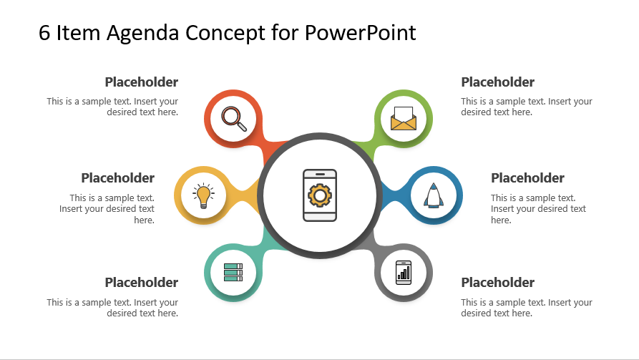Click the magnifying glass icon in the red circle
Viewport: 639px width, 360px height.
tap(234, 119)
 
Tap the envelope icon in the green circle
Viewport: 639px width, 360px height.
tap(404, 119)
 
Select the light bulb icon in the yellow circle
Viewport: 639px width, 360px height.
tap(203, 195)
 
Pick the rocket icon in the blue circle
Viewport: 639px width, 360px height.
tap(434, 195)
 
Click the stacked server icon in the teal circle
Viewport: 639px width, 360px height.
tap(233, 273)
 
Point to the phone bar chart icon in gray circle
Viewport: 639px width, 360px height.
tap(404, 273)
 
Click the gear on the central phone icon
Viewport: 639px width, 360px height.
tap(320, 195)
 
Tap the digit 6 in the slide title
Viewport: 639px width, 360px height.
tap(44, 33)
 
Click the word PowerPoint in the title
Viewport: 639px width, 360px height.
tap(360, 33)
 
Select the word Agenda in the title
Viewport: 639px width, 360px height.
tap(142, 34)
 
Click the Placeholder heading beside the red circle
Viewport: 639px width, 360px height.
tap(142, 82)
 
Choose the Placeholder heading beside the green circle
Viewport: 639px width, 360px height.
tap(497, 82)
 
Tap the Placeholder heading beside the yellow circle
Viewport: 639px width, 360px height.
tap(118, 177)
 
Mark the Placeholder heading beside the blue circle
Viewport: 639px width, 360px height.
tap(527, 177)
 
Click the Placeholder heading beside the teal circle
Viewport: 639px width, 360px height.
tap(142, 282)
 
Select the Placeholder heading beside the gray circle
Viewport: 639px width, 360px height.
tap(497, 282)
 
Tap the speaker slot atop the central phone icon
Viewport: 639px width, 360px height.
tap(320, 174)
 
